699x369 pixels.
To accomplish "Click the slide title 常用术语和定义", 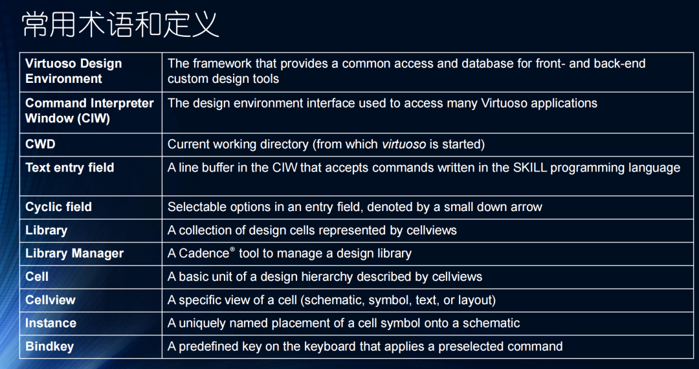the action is (120, 25).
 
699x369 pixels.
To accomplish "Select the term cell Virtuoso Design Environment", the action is (73, 71).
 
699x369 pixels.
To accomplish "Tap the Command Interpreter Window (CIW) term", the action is (89, 111).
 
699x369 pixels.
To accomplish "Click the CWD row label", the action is (40, 144).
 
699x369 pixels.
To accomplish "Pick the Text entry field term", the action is (69, 168).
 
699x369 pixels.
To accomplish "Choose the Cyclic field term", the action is (58, 207).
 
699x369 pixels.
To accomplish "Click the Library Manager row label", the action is (74, 254).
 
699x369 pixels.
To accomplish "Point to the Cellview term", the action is (50, 300).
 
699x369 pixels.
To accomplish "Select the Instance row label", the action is (50, 324).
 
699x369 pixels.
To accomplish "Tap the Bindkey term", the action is (49, 347).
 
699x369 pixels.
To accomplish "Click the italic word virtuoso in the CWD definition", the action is (404, 144).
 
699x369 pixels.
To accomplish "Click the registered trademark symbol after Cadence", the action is (232, 250).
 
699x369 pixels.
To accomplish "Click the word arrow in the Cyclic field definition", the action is (526, 207).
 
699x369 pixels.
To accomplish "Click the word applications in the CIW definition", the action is (564, 104).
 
